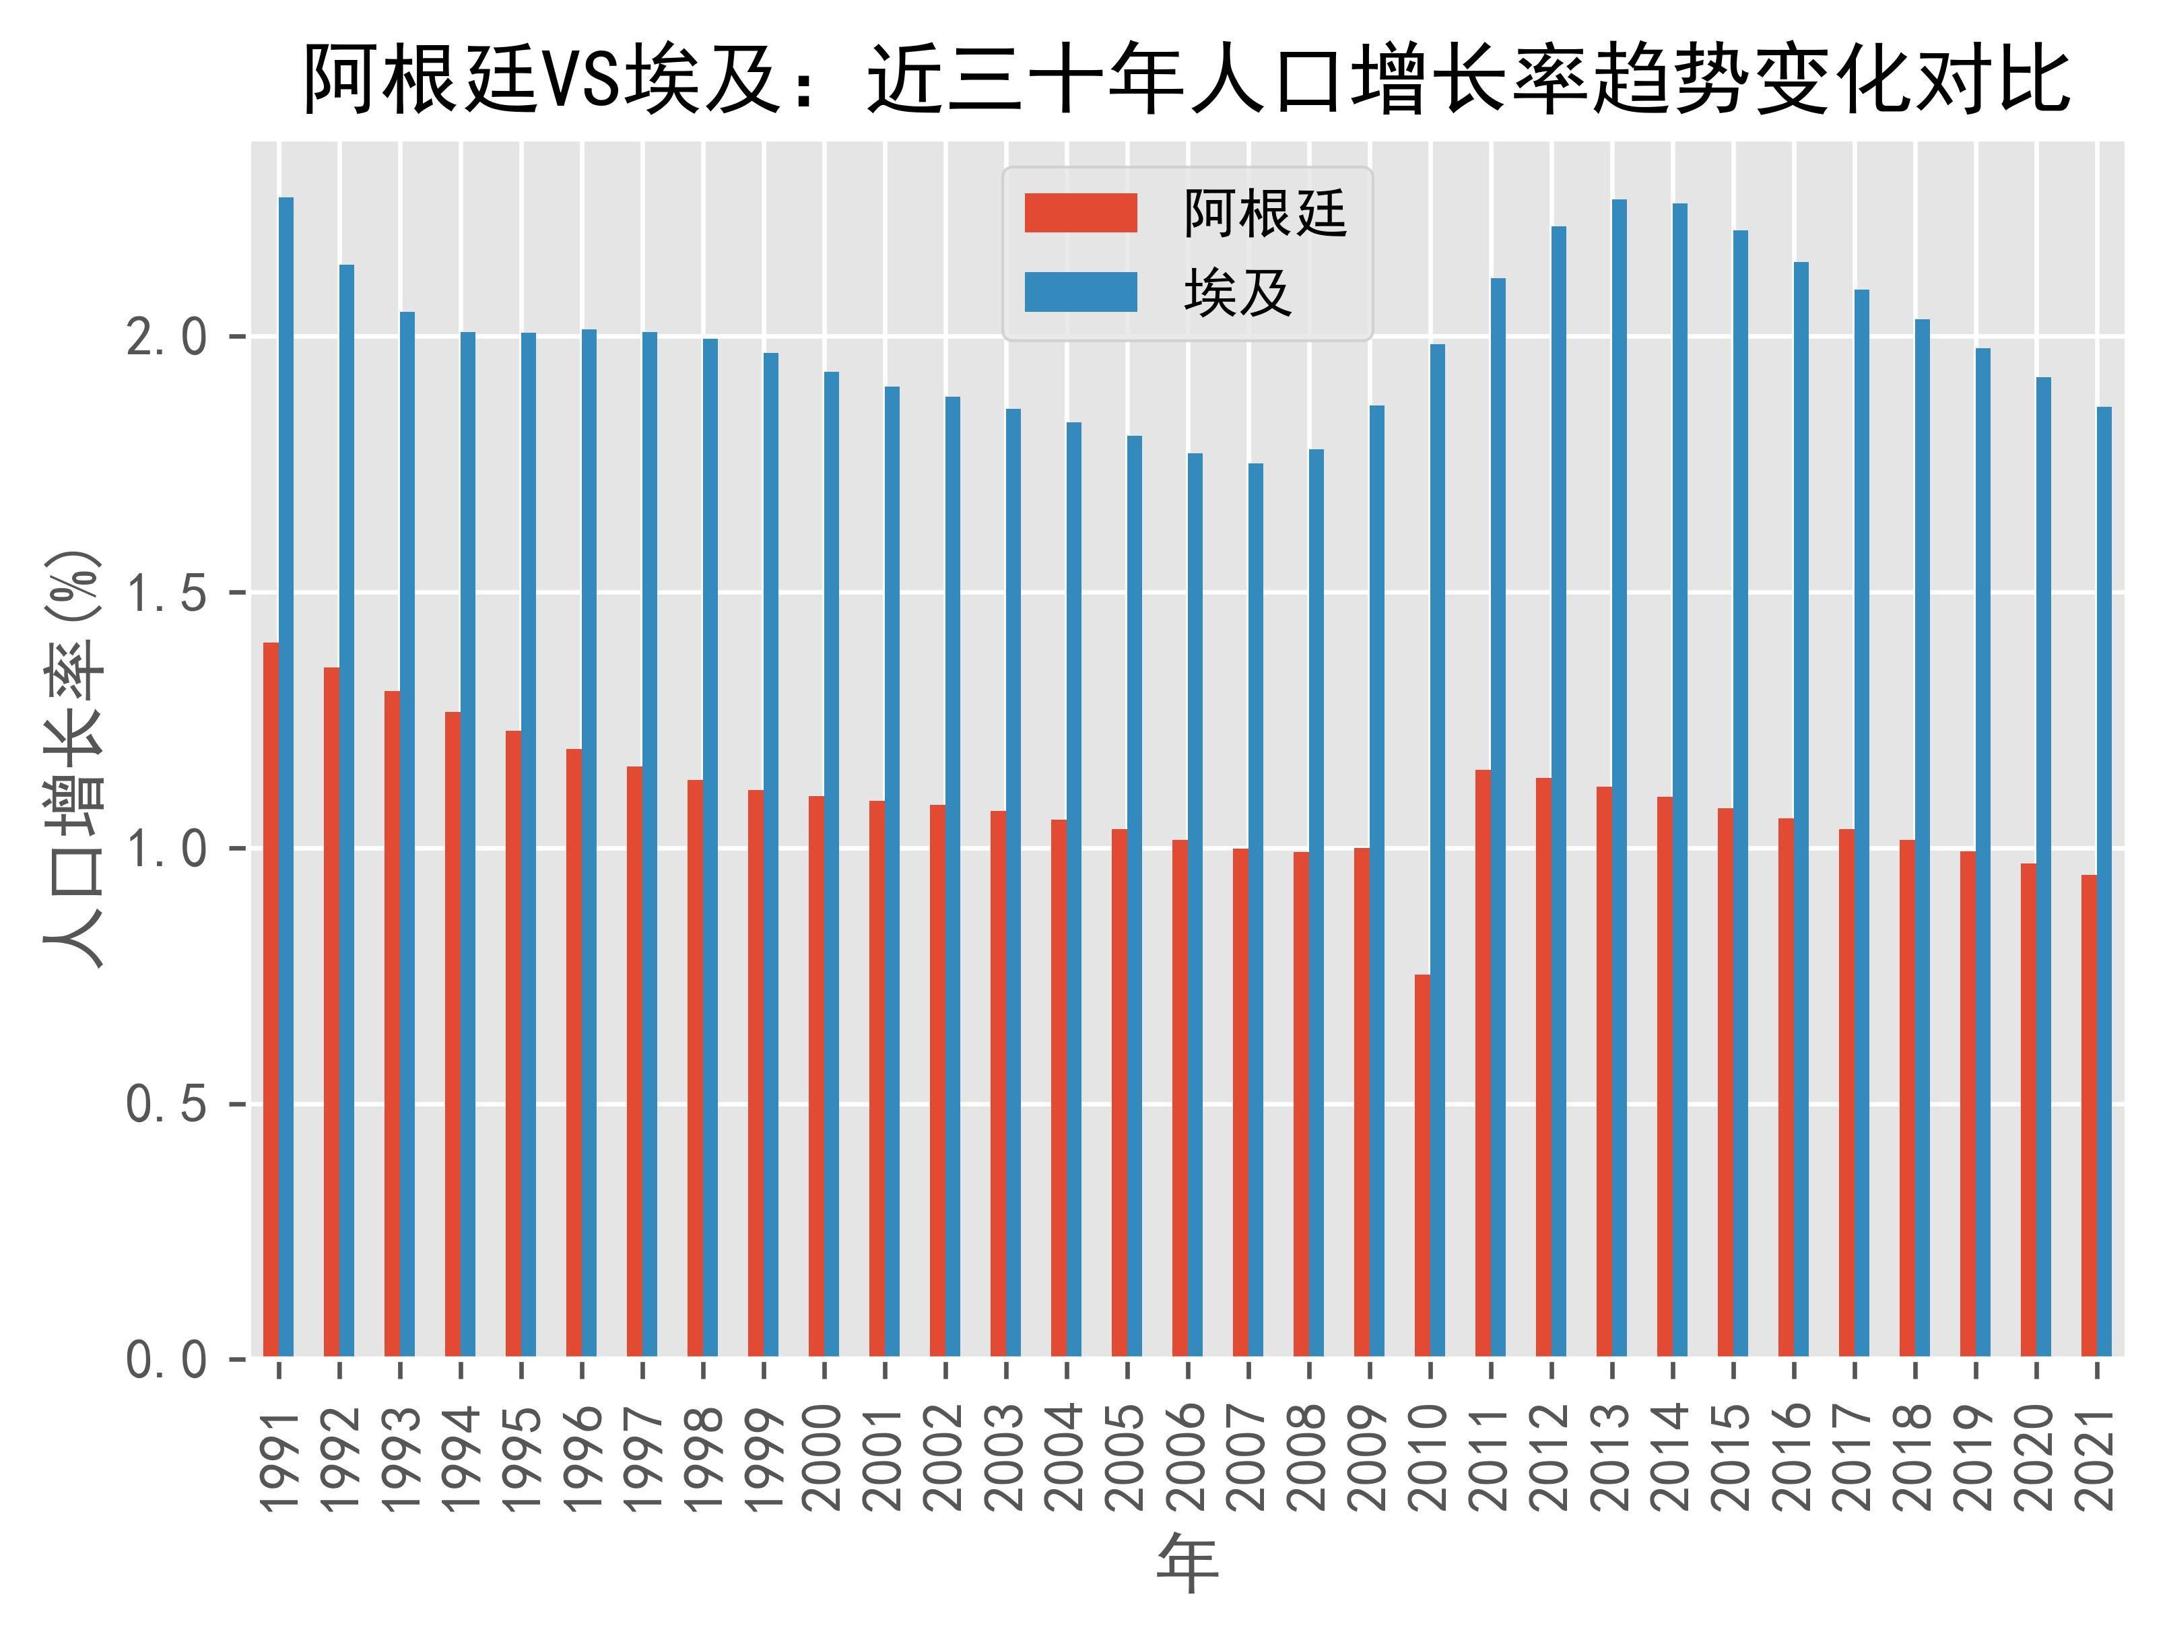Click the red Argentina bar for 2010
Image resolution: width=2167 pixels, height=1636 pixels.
[x=1422, y=1166]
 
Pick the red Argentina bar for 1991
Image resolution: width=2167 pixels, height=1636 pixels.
[x=271, y=1000]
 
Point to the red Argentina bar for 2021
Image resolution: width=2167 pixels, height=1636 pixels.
[x=2089, y=1116]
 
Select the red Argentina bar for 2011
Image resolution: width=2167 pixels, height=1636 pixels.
[x=1483, y=1063]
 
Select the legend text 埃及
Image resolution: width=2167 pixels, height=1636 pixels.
[x=1237, y=292]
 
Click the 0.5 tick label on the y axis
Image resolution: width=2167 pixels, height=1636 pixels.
[x=168, y=1104]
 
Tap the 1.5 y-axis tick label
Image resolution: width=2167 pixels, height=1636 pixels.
[x=168, y=593]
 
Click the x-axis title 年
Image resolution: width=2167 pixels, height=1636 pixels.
[x=1187, y=1565]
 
